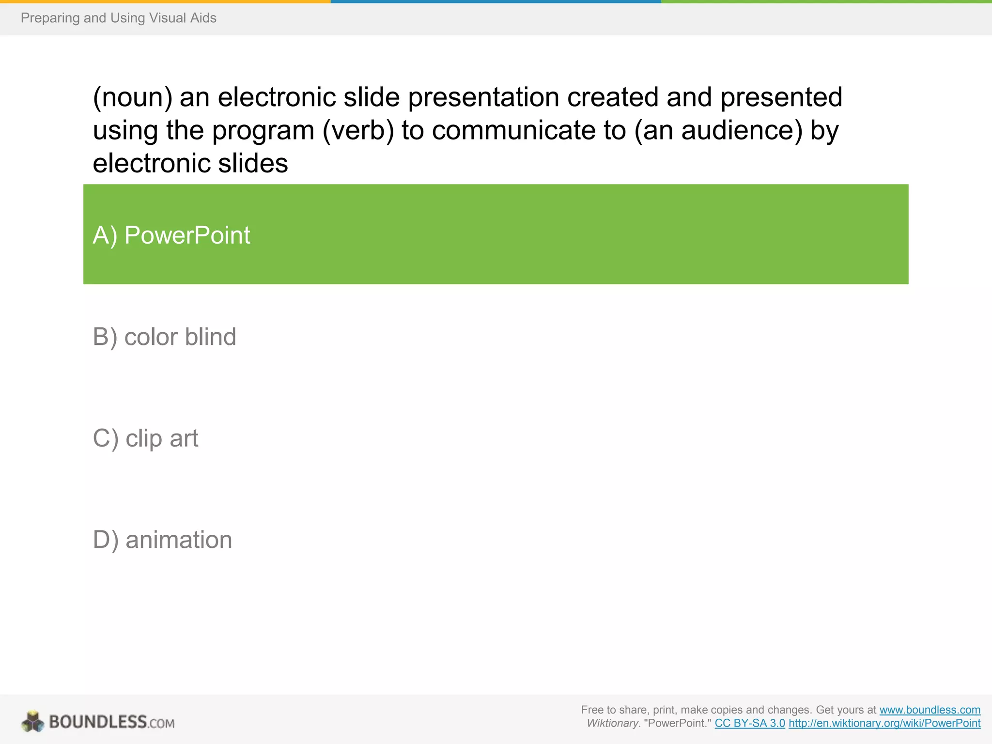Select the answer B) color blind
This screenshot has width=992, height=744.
[164, 337]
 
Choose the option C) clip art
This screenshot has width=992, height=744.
[145, 438]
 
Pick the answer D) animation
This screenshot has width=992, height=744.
[162, 540]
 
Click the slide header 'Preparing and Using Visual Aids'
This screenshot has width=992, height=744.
[118, 18]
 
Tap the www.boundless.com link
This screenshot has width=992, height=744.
[930, 710]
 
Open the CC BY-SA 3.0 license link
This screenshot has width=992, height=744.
[749, 723]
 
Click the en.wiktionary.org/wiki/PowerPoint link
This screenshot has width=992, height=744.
[884, 723]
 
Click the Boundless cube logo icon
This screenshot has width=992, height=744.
[32, 722]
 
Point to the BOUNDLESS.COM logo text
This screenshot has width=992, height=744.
[111, 722]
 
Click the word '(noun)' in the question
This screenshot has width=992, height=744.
[132, 97]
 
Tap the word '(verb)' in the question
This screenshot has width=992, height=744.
[358, 130]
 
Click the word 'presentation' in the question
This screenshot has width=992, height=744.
[483, 97]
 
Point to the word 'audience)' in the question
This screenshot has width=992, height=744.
[742, 130]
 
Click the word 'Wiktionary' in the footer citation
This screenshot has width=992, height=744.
[612, 723]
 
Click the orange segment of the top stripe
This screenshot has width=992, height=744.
[165, 1]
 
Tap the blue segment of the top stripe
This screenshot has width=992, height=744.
[496, 1]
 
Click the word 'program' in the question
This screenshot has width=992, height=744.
[263, 130]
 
